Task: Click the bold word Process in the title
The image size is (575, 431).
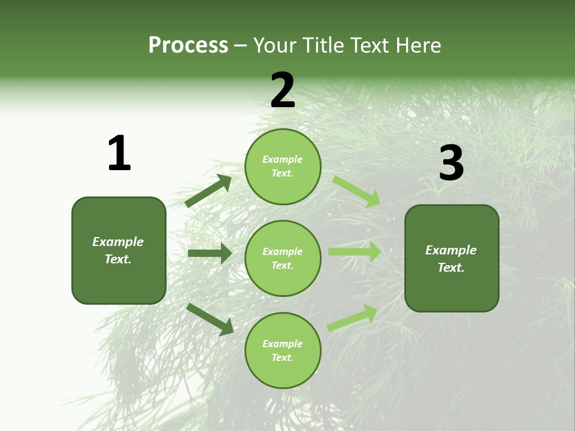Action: (188, 45)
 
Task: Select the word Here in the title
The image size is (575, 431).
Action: (417, 45)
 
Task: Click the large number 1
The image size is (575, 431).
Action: (119, 153)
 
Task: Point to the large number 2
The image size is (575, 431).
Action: (283, 90)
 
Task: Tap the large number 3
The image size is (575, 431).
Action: (451, 163)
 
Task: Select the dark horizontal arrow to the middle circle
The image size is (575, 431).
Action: (210, 253)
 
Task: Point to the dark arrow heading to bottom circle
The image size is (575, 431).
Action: (210, 319)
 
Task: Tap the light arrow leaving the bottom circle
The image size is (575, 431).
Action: (352, 318)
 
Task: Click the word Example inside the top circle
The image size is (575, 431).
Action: (283, 159)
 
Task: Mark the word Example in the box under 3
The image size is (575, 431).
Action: (451, 250)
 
